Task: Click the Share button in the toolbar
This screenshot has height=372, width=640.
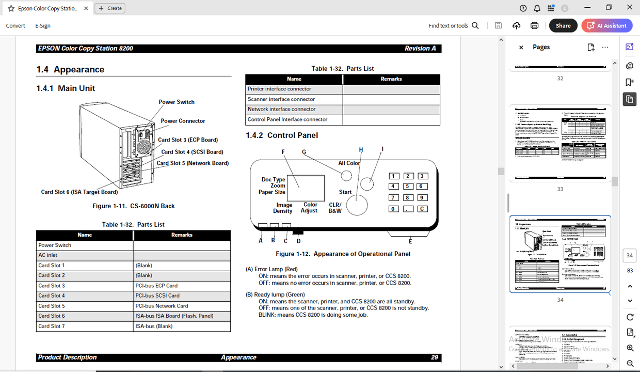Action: click(x=563, y=25)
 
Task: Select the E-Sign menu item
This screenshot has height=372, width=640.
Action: click(x=43, y=25)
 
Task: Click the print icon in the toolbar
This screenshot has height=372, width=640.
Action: click(x=534, y=25)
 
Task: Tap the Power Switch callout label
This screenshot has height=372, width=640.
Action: click(x=177, y=102)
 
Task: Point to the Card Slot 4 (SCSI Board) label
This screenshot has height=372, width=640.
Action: click(x=192, y=152)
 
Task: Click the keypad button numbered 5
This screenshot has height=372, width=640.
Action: click(x=408, y=187)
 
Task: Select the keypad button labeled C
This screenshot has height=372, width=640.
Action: click(x=422, y=209)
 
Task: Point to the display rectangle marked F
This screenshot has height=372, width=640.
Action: click(x=306, y=188)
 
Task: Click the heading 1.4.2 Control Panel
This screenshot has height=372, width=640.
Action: click(x=282, y=135)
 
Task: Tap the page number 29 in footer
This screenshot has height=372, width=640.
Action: click(x=435, y=357)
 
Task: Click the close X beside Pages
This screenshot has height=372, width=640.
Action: click(x=521, y=48)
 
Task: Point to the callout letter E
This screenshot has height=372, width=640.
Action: click(x=410, y=241)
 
